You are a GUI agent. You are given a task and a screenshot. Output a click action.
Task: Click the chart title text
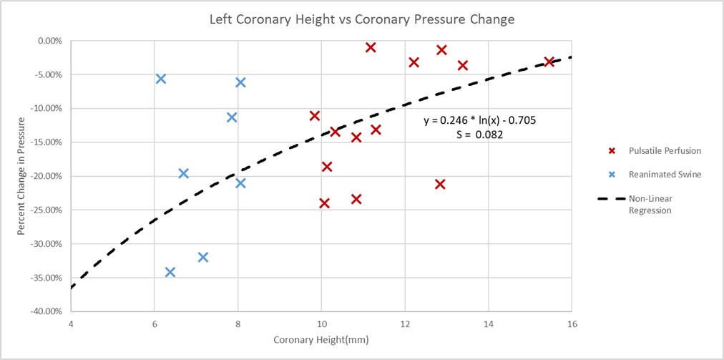361,19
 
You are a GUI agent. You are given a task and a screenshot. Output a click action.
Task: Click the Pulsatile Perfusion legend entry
655,151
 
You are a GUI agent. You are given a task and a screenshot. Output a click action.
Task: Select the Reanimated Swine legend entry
655,174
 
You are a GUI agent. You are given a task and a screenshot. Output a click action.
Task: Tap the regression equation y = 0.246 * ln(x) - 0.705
479,120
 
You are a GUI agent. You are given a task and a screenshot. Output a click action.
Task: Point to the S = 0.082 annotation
479,134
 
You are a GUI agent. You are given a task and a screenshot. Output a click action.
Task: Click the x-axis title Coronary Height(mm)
321,339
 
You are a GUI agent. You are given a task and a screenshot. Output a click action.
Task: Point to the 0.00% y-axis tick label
47,41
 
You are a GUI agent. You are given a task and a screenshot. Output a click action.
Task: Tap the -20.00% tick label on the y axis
44,176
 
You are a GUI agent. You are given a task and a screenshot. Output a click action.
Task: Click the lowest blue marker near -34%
170,272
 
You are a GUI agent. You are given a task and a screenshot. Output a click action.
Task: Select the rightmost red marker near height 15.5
549,62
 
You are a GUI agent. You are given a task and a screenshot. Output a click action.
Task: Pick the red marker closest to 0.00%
371,47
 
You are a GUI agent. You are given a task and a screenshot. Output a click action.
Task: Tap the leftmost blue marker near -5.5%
161,79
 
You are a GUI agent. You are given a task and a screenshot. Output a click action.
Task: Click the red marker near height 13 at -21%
440,184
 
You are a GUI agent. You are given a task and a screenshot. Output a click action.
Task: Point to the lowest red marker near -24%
324,203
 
